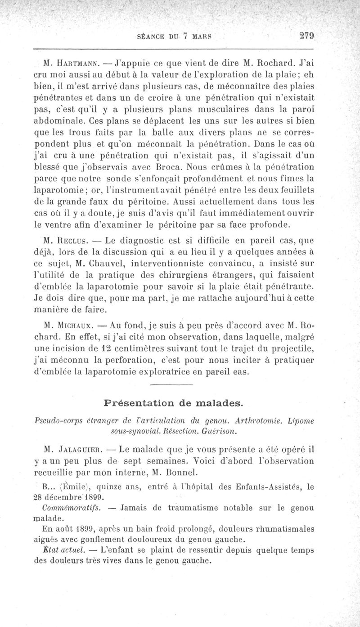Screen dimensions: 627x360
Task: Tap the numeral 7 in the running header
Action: (184, 36)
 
